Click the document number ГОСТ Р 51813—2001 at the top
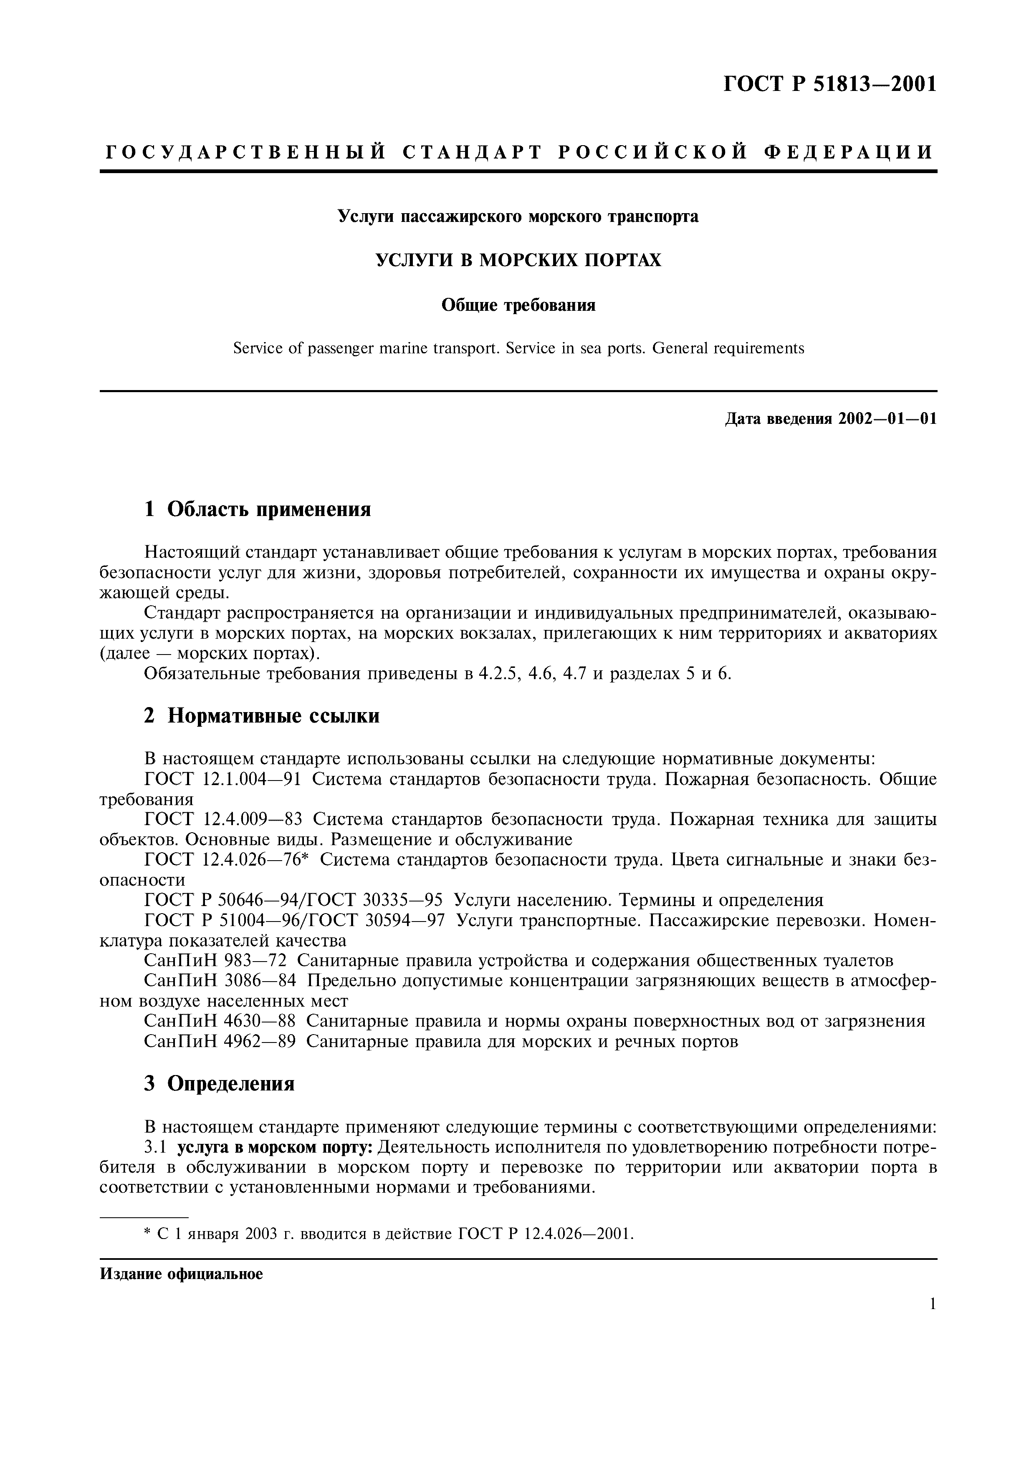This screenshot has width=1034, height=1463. pos(829,84)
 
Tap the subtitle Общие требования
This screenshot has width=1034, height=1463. pos(518,305)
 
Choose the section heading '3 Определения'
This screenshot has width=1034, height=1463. pos(219,1083)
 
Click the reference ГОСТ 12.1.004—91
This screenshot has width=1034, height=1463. pos(222,779)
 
